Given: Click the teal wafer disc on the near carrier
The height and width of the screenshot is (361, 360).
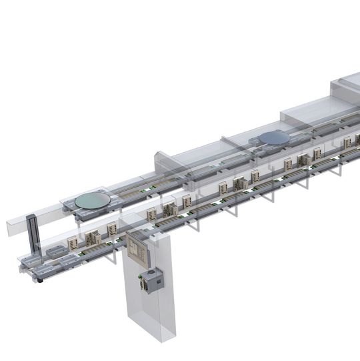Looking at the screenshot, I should click(x=93, y=200).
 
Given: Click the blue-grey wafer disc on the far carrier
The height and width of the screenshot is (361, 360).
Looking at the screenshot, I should click(x=274, y=137).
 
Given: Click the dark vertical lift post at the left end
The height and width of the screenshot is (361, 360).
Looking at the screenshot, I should click(x=31, y=234).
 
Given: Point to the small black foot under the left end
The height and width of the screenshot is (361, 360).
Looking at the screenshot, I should click(x=40, y=280).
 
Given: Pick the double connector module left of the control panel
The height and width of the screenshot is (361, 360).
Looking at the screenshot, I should click(x=93, y=237).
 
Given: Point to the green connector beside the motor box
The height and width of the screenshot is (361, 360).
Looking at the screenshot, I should click(x=143, y=284).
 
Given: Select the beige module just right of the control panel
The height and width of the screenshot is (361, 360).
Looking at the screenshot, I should click(x=151, y=214).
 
